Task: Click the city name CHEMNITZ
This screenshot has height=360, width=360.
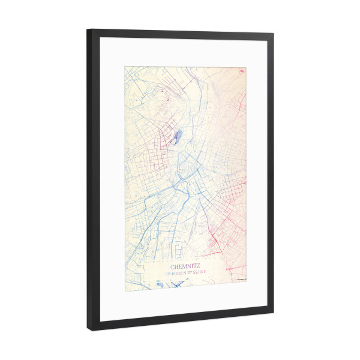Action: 186,266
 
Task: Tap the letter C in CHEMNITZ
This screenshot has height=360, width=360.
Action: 173,266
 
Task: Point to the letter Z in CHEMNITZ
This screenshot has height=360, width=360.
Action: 200,266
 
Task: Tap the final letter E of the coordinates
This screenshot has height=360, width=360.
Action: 205,273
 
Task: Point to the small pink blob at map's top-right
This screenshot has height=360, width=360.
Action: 242,71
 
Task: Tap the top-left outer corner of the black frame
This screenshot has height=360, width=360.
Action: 88,29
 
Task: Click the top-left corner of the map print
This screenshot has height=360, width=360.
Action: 125,65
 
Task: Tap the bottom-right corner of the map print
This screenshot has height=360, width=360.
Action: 247,282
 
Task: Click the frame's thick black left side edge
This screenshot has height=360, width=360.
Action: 91,180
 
